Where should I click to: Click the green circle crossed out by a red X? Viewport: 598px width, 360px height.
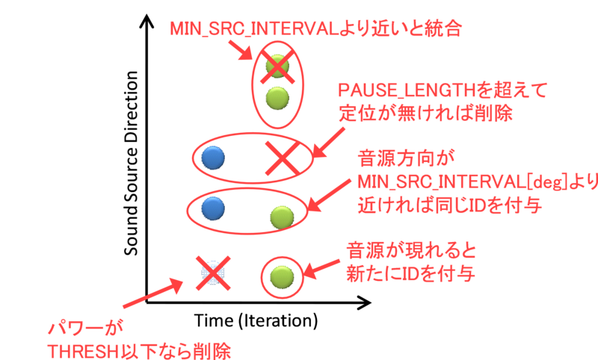pos(277,66)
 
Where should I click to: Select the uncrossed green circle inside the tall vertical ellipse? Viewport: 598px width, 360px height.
pos(277,97)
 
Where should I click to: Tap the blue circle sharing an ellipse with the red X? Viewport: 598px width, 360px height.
pos(213,158)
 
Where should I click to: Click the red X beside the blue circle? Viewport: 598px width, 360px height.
pos(282,159)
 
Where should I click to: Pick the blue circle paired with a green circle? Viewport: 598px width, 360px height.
pos(213,208)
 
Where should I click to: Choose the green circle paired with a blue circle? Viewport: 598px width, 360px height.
pos(282,217)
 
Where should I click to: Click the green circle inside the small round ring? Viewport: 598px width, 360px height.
pos(282,276)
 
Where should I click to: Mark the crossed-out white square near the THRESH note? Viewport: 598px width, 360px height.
pos(212,273)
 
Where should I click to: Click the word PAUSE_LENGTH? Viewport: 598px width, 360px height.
pos(407,91)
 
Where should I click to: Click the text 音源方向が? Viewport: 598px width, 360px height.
pos(407,158)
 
